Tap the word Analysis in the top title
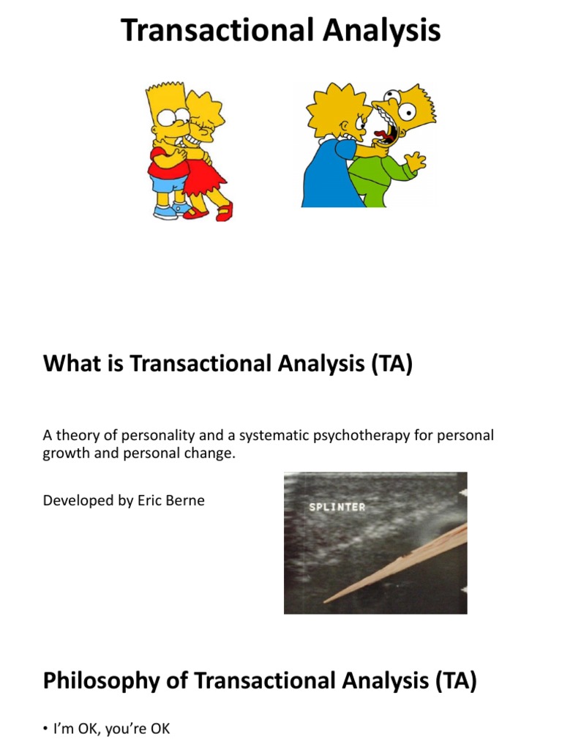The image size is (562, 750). (x=384, y=31)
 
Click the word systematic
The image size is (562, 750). (x=270, y=436)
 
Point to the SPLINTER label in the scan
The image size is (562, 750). (x=337, y=507)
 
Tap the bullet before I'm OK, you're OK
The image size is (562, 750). (x=46, y=729)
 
